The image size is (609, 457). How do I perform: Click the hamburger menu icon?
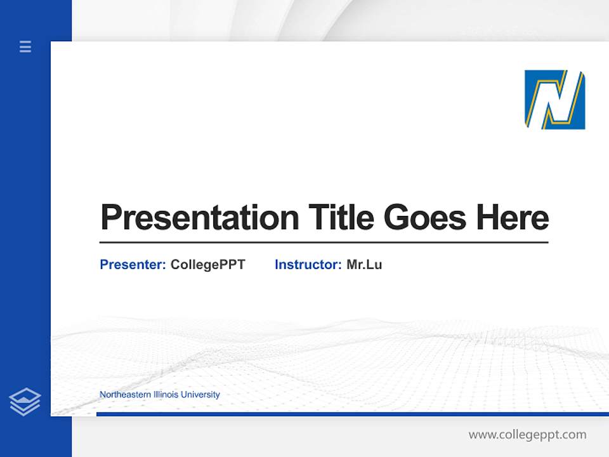(25, 46)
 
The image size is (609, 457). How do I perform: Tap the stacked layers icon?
(25, 402)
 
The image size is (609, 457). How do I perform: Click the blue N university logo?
(554, 100)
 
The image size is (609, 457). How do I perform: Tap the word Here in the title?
(513, 218)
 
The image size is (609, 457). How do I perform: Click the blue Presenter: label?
(133, 265)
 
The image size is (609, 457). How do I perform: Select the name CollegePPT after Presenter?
(207, 265)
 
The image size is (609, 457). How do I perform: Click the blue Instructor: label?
(308, 265)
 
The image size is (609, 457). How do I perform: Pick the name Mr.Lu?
(364, 265)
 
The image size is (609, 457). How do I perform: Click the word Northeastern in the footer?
(126, 395)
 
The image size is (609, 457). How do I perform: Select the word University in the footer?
(200, 395)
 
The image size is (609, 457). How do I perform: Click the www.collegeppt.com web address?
(527, 435)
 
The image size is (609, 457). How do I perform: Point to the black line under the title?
(324, 242)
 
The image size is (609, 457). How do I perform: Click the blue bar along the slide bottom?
(352, 414)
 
